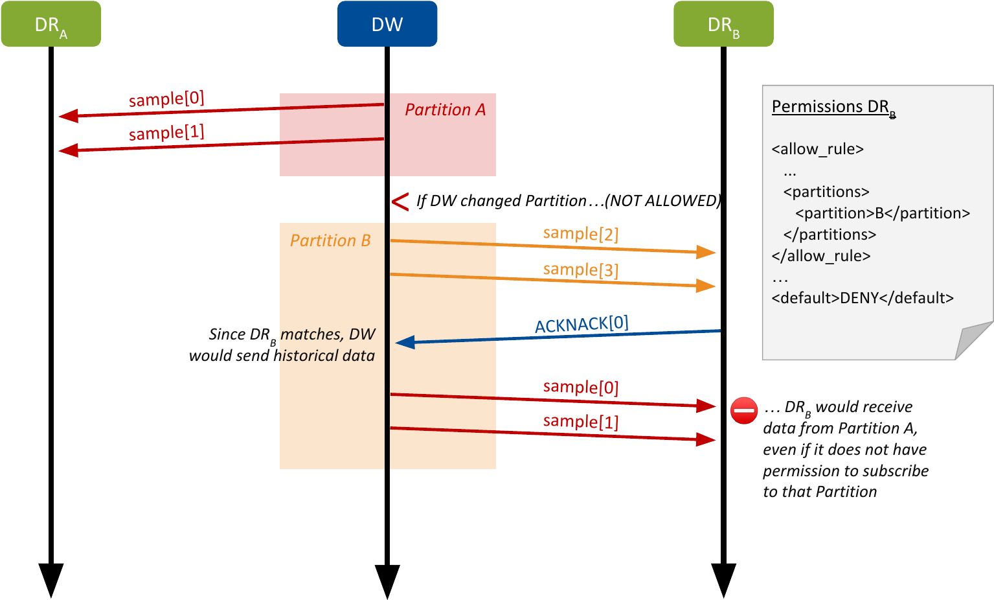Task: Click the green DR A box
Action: click(51, 24)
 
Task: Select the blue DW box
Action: click(387, 24)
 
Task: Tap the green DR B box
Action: click(723, 24)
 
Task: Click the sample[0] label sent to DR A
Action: click(166, 98)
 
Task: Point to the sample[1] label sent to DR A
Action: click(166, 133)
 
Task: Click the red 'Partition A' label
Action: click(445, 110)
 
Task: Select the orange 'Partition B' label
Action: click(330, 240)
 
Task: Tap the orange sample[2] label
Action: click(581, 233)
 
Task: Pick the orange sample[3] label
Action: click(581, 269)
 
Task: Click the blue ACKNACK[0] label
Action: click(582, 324)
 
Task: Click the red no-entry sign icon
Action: click(744, 410)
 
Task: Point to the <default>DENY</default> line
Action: click(863, 298)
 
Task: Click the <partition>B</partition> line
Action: click(883, 213)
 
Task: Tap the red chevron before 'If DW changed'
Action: click(400, 202)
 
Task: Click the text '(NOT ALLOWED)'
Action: click(662, 201)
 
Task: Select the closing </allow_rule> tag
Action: click(821, 256)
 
